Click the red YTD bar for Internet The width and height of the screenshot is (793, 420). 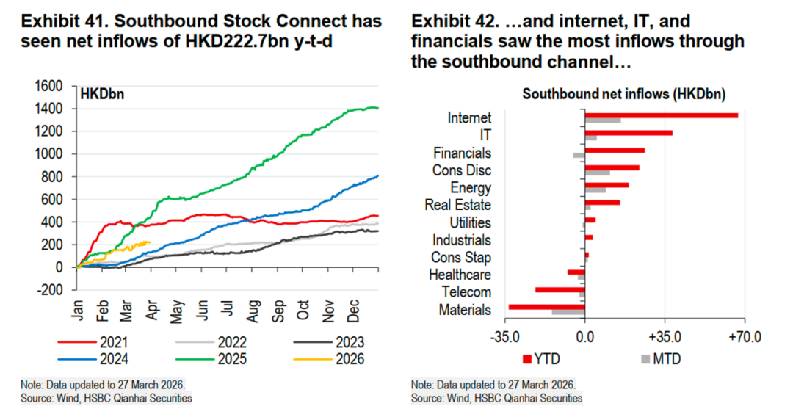[661, 115]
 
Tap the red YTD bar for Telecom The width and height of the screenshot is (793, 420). [560, 290]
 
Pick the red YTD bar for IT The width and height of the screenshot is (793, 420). [629, 133]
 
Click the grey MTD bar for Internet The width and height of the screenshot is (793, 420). [602, 120]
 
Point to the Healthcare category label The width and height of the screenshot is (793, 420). [460, 275]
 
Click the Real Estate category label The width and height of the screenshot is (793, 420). [457, 206]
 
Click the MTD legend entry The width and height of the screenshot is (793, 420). [660, 359]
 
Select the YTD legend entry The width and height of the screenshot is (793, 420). [540, 359]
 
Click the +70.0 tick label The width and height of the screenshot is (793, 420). [744, 338]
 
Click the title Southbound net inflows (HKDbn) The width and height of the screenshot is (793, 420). [623, 95]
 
